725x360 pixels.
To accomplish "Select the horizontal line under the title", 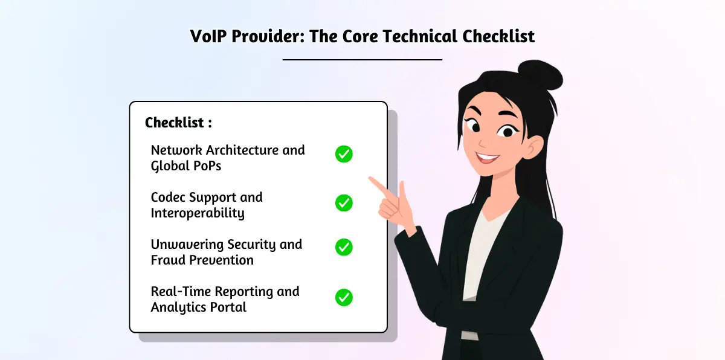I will click(362, 60).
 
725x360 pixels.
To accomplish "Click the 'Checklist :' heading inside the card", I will click(178, 123).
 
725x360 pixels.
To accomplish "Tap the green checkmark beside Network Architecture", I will click(344, 154).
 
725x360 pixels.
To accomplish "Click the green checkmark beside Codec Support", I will click(344, 202).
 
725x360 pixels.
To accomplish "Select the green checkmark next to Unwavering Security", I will click(344, 247).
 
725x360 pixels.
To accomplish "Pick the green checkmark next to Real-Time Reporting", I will click(344, 297).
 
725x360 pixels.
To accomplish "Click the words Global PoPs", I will click(185, 166).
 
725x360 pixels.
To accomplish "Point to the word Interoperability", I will click(198, 213).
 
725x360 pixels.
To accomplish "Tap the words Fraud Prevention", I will click(202, 260).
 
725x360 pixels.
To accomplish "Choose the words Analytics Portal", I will click(198, 307).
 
